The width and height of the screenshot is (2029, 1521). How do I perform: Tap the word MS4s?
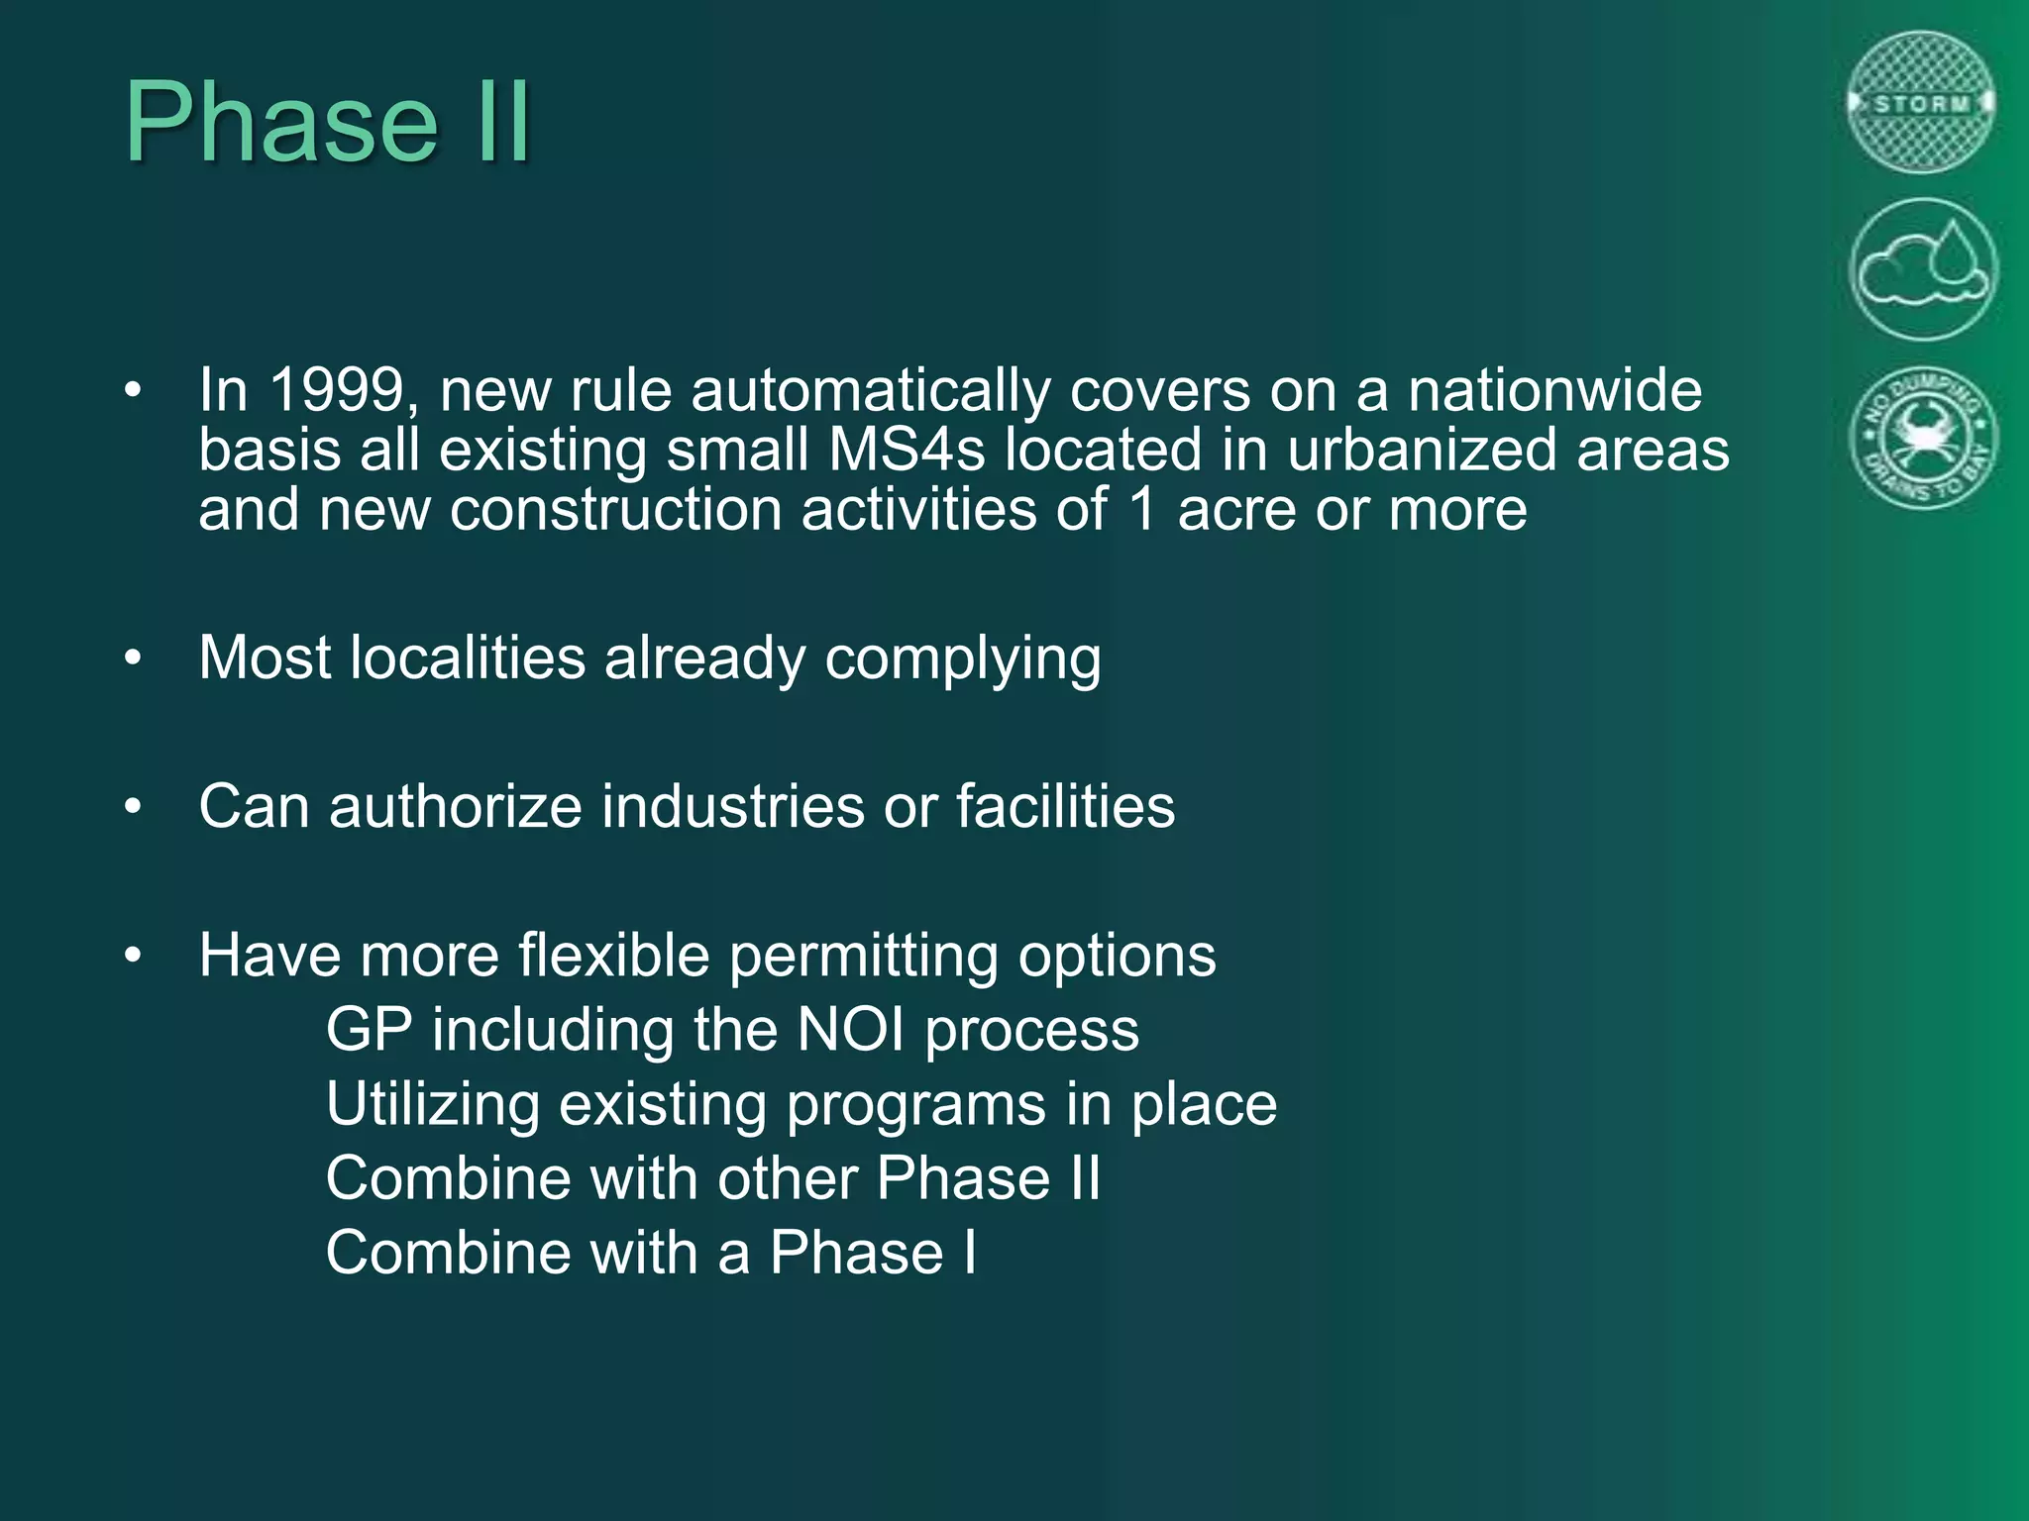point(907,451)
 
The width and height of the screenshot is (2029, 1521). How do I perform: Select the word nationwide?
point(1554,390)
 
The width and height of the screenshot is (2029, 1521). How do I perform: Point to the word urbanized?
point(1422,451)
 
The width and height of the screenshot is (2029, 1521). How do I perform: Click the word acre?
point(1235,511)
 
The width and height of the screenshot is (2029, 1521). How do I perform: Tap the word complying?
point(962,659)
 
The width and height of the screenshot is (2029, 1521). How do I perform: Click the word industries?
point(733,806)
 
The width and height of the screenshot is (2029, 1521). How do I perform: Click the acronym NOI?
point(850,1030)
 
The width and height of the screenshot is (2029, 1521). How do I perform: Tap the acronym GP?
point(369,1030)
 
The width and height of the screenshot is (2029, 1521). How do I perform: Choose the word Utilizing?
point(432,1105)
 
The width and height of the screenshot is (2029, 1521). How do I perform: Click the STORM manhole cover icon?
point(1921,102)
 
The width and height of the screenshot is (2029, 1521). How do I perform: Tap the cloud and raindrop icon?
point(1921,269)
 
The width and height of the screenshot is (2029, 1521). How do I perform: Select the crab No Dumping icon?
point(1921,437)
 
